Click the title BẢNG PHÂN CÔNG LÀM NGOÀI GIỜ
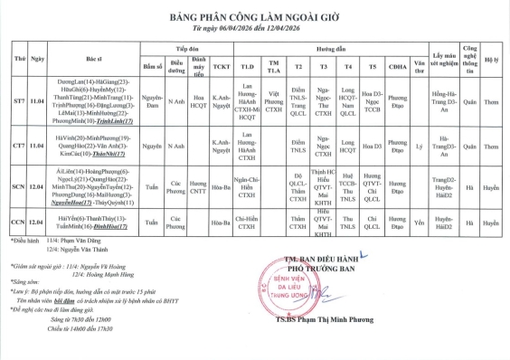(x=255, y=16)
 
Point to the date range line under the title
(x=255, y=27)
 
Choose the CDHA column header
(x=397, y=66)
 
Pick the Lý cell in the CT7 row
(x=418, y=145)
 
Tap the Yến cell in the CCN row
(x=418, y=220)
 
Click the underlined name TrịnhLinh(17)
(x=117, y=120)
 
